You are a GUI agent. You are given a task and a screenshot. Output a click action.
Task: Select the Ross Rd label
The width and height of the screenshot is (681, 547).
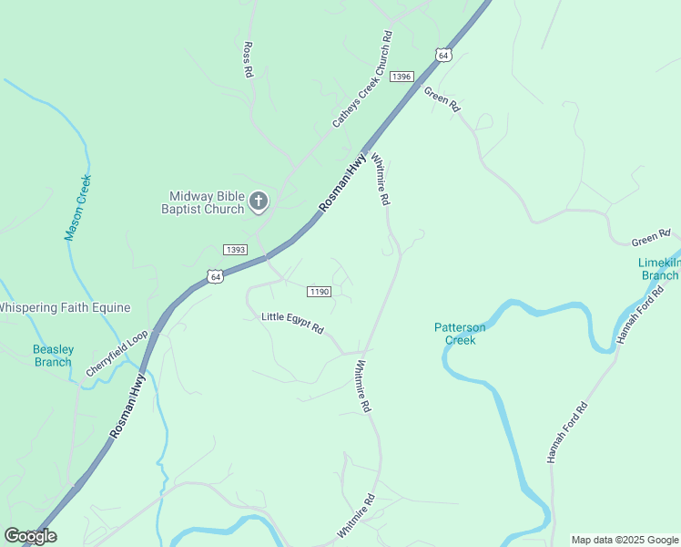tap(247, 59)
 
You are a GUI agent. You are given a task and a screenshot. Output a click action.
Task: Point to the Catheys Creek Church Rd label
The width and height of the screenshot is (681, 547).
tap(362, 79)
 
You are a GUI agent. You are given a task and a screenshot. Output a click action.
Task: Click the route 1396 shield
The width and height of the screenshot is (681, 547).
tap(401, 77)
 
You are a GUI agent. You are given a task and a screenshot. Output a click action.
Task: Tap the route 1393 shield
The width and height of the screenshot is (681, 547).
tap(235, 250)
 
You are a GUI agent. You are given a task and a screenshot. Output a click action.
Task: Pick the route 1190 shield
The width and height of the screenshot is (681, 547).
tap(318, 292)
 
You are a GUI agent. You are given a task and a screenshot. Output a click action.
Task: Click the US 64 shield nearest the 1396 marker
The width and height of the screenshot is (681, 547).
tap(442, 55)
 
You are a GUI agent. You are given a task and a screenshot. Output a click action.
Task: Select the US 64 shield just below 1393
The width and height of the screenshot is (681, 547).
tap(215, 275)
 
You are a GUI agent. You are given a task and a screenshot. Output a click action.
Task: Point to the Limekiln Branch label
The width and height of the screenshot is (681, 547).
tap(657, 269)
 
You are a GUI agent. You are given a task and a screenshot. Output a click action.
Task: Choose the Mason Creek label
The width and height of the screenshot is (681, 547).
tap(78, 208)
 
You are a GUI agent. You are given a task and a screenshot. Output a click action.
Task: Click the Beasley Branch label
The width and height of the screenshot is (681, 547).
tap(52, 356)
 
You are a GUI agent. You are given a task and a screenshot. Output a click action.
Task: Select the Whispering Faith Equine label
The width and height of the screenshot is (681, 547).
tap(65, 308)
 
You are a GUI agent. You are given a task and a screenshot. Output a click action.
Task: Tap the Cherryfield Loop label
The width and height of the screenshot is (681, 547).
tap(117, 354)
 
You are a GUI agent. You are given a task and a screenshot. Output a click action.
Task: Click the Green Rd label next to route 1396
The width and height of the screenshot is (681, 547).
tap(442, 98)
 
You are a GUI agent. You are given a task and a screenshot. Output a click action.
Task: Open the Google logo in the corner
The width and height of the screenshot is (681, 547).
tap(30, 536)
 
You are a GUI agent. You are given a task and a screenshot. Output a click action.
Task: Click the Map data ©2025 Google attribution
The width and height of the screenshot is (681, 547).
tap(625, 540)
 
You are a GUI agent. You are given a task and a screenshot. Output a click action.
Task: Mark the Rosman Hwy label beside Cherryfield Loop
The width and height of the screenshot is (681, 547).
tap(127, 408)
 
